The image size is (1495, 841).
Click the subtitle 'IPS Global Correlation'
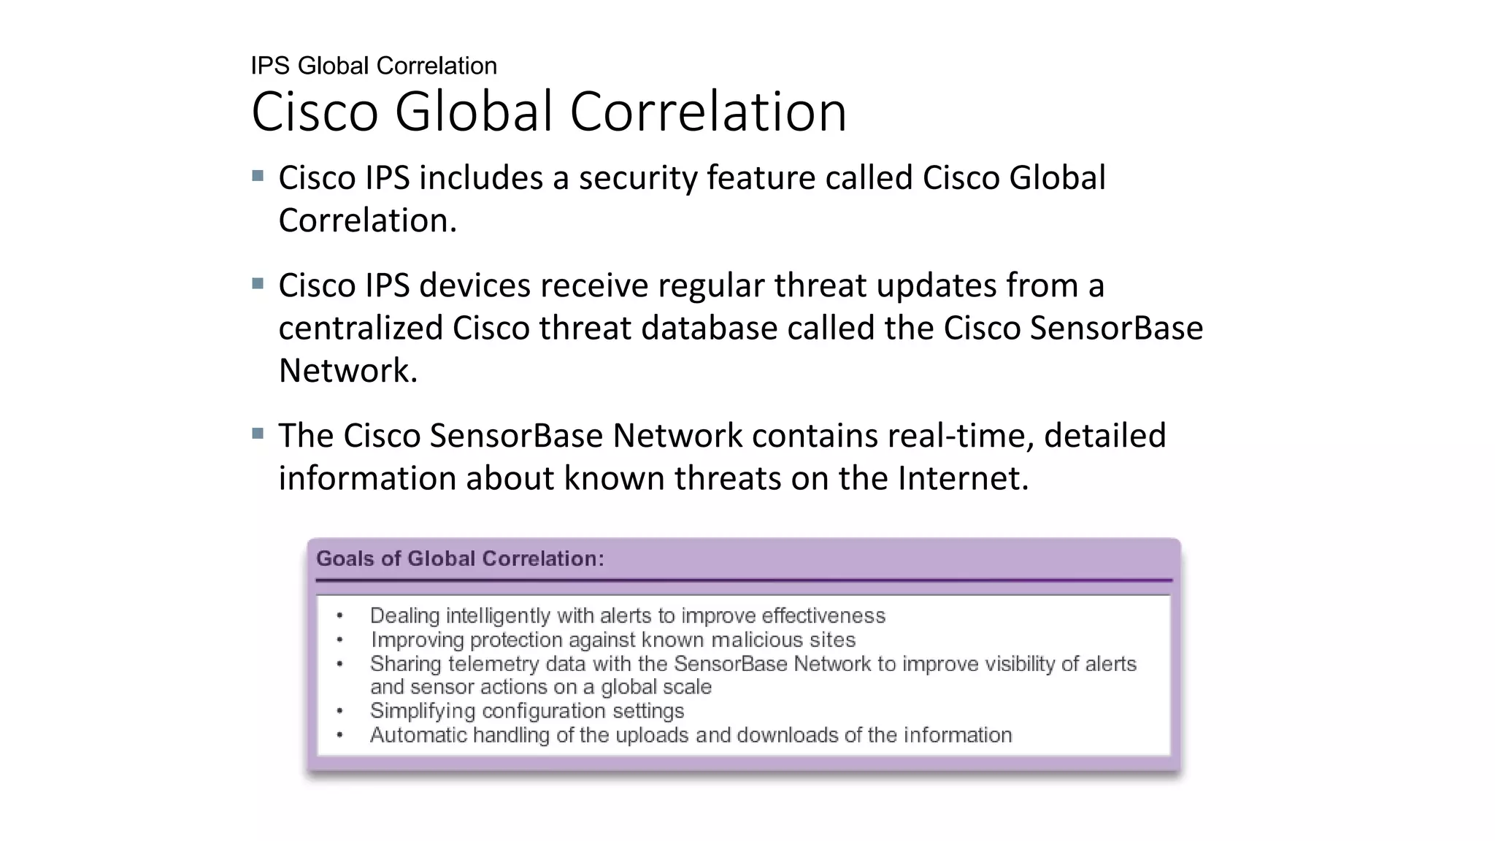coord(373,66)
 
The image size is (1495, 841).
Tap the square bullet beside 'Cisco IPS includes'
coord(258,176)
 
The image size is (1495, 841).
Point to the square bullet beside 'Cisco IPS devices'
coord(258,283)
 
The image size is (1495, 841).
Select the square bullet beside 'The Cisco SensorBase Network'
coord(258,434)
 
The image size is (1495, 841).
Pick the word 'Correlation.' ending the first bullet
coord(367,220)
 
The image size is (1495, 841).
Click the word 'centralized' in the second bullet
coord(361,328)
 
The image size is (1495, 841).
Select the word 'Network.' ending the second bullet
coord(347,371)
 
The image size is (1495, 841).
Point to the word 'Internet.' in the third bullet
coord(962,479)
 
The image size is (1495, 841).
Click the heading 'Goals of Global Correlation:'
coord(460,559)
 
